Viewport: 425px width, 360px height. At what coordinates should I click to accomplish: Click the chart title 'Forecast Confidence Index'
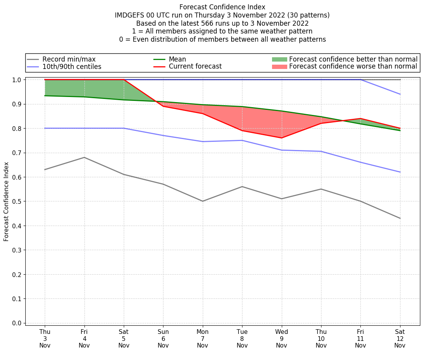222,7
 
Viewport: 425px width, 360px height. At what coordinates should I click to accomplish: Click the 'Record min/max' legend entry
69,59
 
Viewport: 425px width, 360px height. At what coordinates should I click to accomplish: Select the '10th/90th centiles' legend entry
72,67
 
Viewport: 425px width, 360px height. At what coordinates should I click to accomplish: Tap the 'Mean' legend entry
177,59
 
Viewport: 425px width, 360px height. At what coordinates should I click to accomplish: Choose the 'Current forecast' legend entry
195,67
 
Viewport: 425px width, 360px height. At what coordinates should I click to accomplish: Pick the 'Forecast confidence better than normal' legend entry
353,59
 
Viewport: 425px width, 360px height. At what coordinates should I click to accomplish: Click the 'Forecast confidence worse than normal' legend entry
353,67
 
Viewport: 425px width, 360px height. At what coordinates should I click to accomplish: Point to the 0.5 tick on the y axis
17,201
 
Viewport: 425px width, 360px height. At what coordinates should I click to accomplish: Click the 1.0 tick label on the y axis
17,80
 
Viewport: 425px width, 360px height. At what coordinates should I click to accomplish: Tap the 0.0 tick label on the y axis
17,323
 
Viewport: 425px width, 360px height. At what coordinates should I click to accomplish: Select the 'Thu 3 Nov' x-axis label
45,338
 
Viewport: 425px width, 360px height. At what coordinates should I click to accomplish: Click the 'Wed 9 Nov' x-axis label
281,338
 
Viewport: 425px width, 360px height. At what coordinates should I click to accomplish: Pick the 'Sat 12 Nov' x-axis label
400,338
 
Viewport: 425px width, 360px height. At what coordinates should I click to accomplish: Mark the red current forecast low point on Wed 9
281,138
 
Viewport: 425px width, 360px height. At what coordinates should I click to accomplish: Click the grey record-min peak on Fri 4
84,157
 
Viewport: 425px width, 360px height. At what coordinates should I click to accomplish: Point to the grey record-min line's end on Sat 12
400,218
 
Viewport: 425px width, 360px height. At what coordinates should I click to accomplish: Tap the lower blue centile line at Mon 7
203,141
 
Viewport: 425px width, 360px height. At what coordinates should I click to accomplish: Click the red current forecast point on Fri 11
360,118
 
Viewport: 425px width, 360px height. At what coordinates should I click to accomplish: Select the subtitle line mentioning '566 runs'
222,23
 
